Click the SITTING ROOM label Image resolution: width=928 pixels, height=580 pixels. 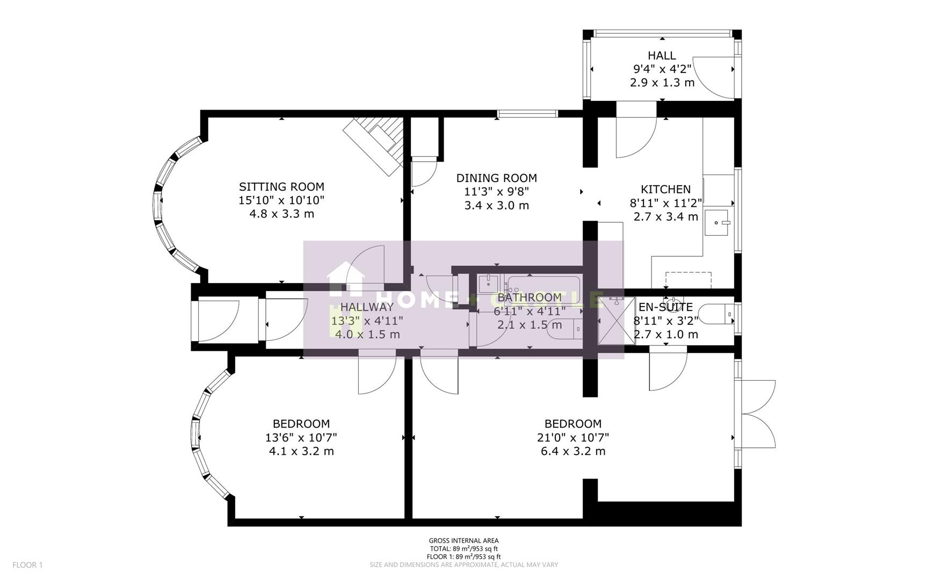(281, 187)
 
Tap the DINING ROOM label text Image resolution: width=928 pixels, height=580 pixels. (496, 178)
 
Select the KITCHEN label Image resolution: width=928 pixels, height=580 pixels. (665, 190)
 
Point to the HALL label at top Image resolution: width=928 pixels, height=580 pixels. (662, 55)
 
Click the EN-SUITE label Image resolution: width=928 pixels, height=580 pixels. (665, 308)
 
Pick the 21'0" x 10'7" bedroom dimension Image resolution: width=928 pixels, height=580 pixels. (573, 438)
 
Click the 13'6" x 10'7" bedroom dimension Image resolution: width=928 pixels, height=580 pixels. (301, 438)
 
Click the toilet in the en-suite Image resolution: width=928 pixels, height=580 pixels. (720, 314)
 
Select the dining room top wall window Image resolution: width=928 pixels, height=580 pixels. (527, 113)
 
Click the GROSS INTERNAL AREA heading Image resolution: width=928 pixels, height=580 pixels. (463, 541)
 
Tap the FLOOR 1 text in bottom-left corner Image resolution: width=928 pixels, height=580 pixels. (27, 565)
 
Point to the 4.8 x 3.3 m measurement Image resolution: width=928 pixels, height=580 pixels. (281, 214)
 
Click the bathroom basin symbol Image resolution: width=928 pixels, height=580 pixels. (489, 283)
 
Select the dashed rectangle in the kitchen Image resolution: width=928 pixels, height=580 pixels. (688, 280)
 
